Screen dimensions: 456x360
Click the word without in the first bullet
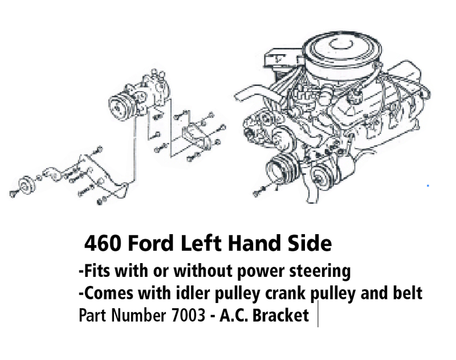(203, 271)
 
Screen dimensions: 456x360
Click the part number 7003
(189, 315)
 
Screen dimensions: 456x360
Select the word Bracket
(280, 315)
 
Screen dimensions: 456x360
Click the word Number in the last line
(139, 315)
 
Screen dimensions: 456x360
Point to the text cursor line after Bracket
(318, 314)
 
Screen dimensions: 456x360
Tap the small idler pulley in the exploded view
(27, 185)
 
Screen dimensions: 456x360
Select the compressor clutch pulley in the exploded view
(120, 107)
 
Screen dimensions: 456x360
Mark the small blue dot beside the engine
(428, 185)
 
